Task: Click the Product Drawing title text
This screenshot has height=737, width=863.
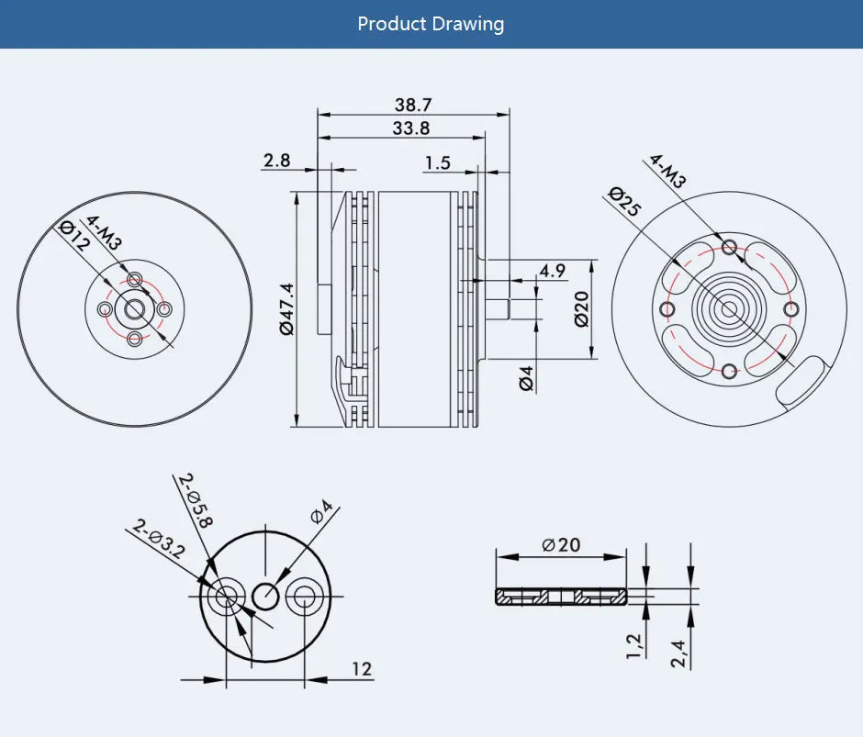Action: (431, 24)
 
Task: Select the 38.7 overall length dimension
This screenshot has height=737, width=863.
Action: (412, 105)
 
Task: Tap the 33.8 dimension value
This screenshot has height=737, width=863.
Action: (410, 128)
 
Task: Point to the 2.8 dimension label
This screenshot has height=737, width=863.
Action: (276, 161)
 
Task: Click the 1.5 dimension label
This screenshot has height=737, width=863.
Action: (438, 162)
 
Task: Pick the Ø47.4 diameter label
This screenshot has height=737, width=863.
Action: (286, 309)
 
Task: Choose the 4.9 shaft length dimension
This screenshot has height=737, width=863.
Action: (553, 271)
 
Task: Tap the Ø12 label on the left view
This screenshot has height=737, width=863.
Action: (74, 236)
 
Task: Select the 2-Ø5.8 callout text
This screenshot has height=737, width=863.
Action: (196, 501)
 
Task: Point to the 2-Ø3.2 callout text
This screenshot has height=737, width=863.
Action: (159, 539)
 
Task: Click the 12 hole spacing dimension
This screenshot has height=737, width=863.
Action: (362, 669)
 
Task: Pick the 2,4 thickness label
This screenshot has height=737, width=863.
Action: (680, 653)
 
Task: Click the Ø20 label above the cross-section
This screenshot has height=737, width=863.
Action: (561, 544)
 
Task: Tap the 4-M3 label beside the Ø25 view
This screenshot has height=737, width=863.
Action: (667, 172)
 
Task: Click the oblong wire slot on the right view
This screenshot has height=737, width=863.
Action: (801, 380)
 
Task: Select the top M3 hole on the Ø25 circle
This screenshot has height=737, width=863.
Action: (730, 246)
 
